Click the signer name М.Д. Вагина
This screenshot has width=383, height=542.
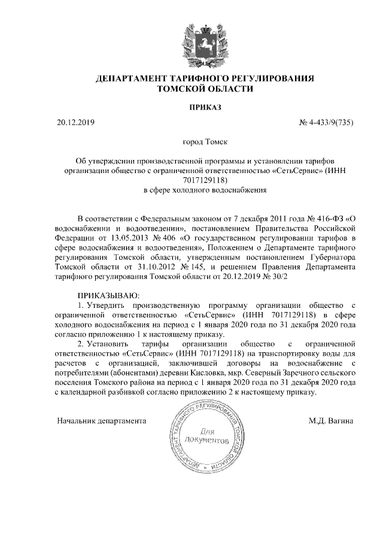click(330, 421)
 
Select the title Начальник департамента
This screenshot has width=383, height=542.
click(102, 421)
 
